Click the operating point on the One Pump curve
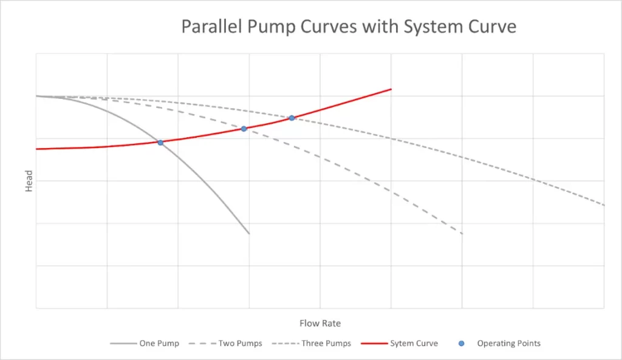(x=160, y=143)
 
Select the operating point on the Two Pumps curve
(x=244, y=129)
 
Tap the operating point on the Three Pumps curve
(x=292, y=118)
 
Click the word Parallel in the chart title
(x=208, y=27)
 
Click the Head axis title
(x=29, y=181)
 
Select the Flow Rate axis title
(x=320, y=324)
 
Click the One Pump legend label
(x=159, y=344)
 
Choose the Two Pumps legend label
(x=241, y=344)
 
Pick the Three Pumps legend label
(x=326, y=344)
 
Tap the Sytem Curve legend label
(x=414, y=344)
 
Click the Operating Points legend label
(x=508, y=344)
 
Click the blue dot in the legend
(x=462, y=344)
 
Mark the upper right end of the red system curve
(x=391, y=89)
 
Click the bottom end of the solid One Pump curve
(x=249, y=234)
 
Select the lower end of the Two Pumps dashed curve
(x=462, y=234)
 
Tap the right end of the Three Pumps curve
(x=604, y=205)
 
